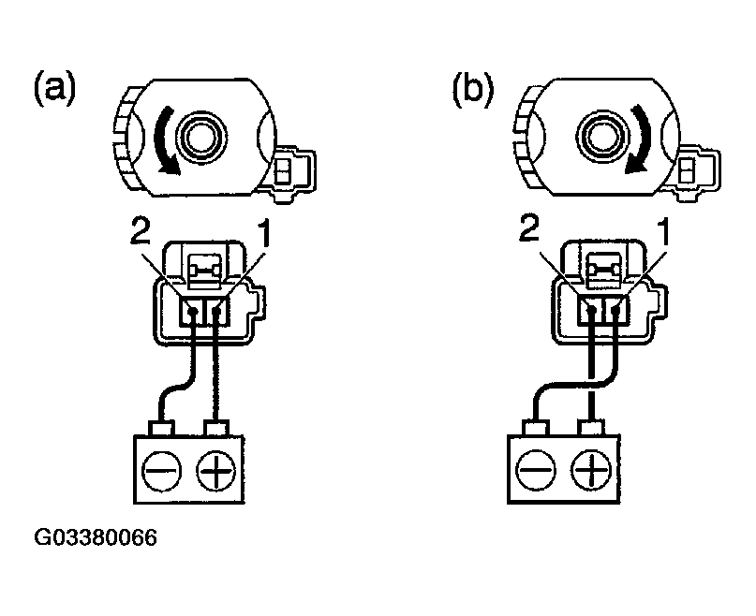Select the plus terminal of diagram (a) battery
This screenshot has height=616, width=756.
tap(216, 465)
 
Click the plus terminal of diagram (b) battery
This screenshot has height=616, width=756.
tap(587, 465)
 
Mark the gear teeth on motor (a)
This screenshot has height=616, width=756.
tap(124, 140)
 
